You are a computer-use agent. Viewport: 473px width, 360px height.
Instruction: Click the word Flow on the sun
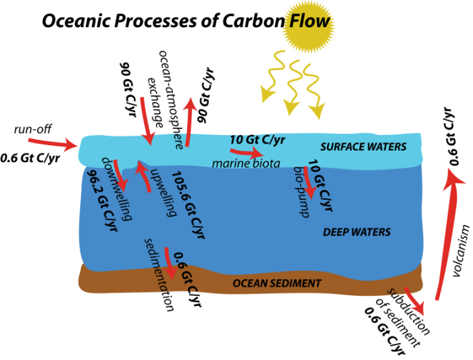(309, 21)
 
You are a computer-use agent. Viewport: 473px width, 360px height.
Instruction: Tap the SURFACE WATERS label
(363, 147)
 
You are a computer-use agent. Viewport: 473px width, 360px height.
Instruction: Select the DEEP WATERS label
(356, 232)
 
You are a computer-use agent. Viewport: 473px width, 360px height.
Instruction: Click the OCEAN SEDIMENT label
(277, 283)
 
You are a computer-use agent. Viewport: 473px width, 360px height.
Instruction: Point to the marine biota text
(245, 163)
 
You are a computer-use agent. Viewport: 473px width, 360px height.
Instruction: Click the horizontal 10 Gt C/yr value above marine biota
(258, 139)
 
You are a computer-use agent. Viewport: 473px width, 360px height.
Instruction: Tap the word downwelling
(116, 188)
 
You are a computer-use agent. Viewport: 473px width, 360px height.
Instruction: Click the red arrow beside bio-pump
(309, 182)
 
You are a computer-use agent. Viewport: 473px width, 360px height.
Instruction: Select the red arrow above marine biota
(246, 152)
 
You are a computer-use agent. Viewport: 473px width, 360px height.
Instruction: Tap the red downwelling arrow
(120, 176)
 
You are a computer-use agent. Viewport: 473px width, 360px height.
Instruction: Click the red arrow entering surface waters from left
(53, 143)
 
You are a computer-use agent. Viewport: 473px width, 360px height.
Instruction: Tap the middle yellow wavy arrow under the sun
(293, 87)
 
